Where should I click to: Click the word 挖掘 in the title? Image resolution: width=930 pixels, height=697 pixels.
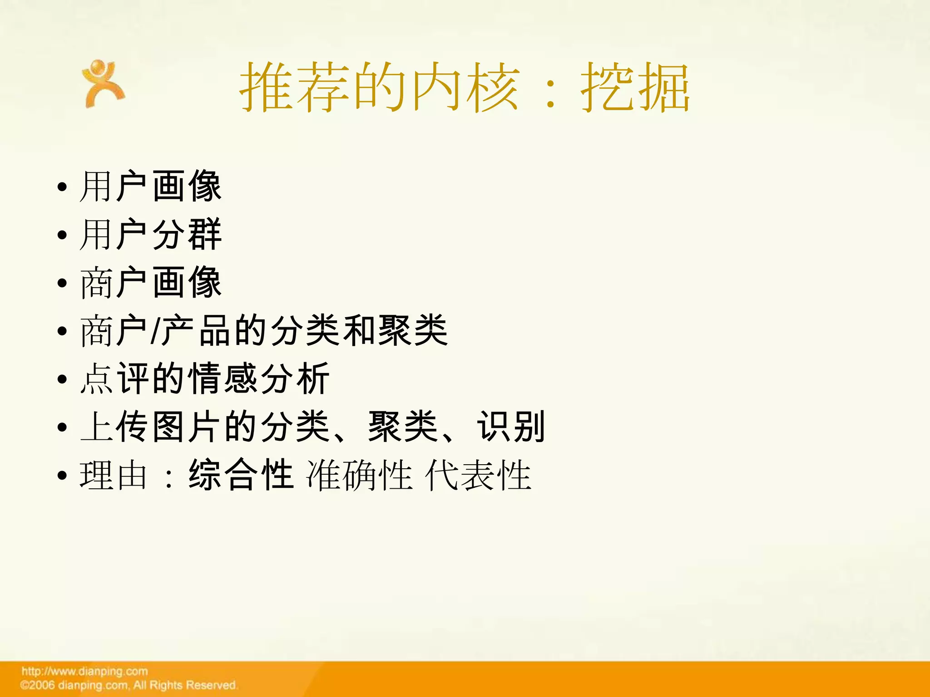pos(635,87)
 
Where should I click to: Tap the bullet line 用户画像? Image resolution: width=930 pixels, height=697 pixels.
pos(150,186)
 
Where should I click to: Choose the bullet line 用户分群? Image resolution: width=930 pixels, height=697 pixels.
pos(150,234)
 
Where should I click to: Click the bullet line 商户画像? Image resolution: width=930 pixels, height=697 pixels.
pos(150,282)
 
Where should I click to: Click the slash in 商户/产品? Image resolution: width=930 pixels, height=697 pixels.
pos(155,331)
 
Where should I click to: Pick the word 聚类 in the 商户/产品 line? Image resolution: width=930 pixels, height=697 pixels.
pos(412,331)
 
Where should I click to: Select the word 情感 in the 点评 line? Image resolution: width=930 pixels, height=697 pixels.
pos(223,379)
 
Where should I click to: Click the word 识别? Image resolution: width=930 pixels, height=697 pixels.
pos(510,427)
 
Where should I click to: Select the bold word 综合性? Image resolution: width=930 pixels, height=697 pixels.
pos(241,475)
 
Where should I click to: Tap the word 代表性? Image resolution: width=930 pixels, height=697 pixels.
pos(478,475)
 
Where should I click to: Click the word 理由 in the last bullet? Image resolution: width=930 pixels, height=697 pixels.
pos(114,475)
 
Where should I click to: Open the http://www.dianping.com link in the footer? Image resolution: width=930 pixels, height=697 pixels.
pos(85,671)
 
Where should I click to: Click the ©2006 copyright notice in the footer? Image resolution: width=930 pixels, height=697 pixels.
pos(129,685)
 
